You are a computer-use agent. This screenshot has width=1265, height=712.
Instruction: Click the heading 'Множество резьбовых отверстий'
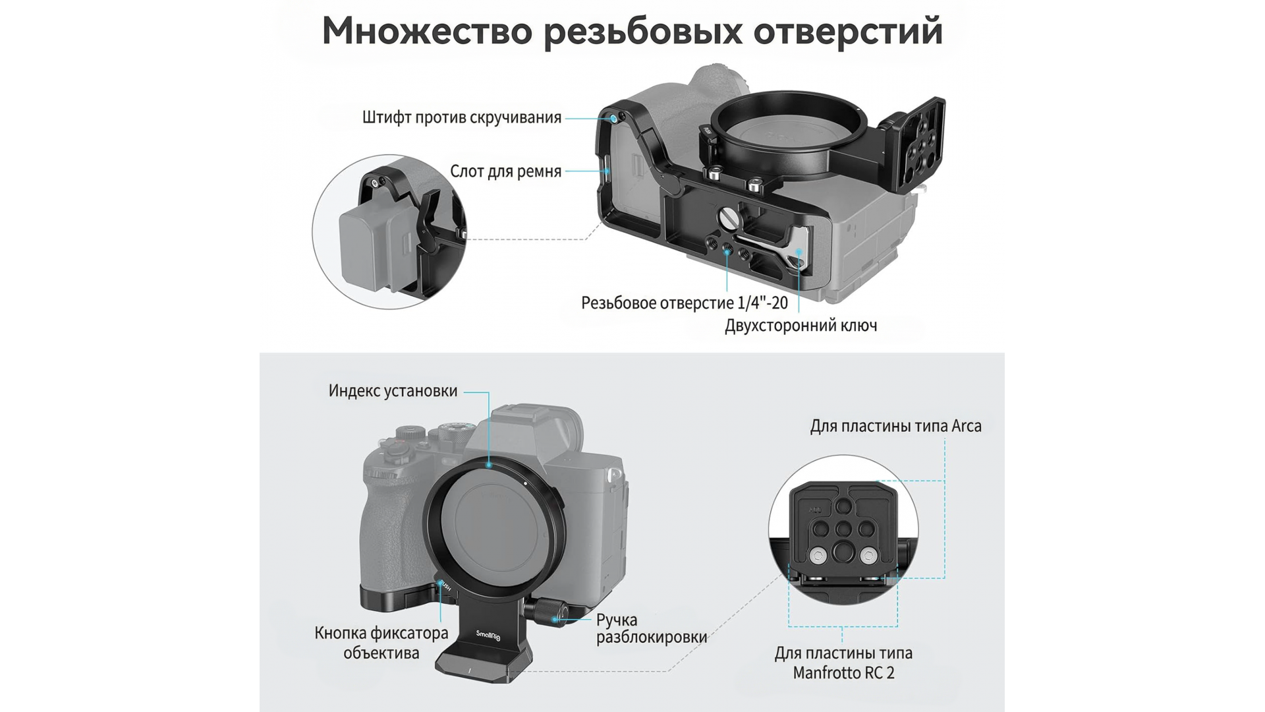[632, 31]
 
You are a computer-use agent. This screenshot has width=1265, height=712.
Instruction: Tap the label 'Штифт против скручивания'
[462, 118]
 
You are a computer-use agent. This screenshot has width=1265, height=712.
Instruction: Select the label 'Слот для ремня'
[505, 171]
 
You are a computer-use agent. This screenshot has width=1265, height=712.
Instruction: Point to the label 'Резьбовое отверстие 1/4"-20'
[685, 303]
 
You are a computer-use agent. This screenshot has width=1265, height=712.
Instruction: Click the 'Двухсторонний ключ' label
[801, 326]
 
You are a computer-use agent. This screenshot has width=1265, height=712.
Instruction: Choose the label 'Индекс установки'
[393, 391]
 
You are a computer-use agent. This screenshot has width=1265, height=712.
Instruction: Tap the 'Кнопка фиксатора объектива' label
[381, 643]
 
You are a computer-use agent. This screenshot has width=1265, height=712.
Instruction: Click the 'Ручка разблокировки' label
[652, 628]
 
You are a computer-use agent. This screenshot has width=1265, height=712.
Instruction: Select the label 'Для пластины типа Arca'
[896, 427]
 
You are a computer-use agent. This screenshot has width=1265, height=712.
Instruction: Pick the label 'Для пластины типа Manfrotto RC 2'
[843, 663]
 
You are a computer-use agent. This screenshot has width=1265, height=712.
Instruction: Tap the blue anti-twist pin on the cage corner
[613, 118]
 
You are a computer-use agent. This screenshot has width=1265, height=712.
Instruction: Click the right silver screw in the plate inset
[868, 556]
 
